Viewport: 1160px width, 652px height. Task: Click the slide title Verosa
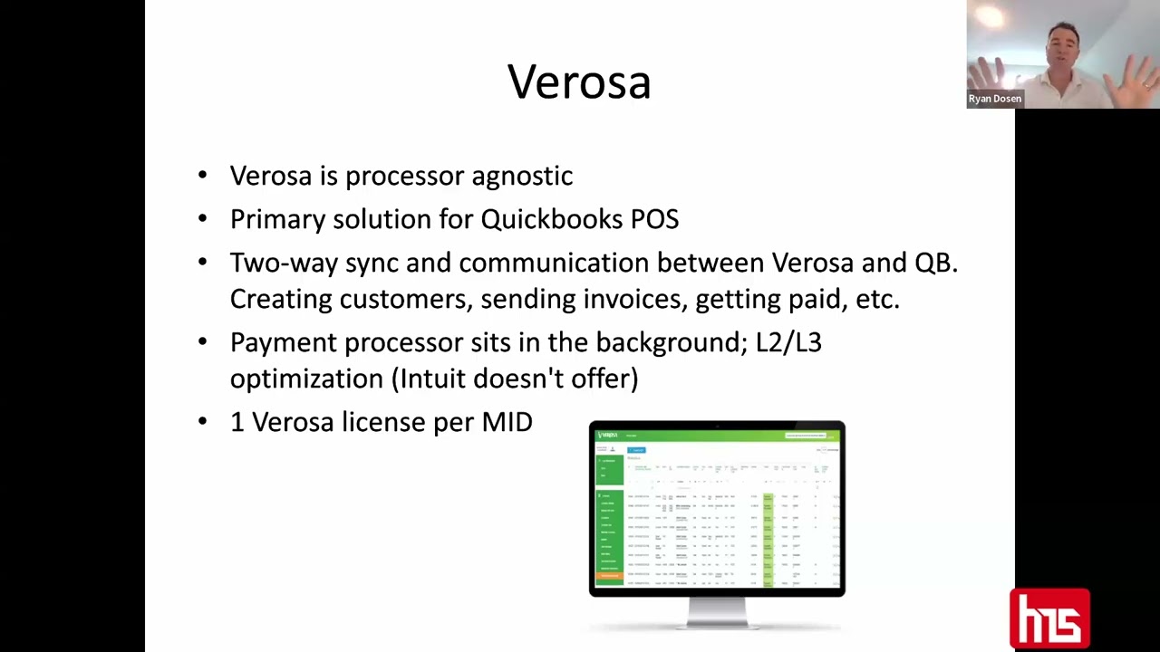[579, 82]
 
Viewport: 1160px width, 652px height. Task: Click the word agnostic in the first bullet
[522, 177]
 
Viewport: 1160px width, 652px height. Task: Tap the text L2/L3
[788, 343]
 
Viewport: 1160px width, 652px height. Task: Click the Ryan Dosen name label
[994, 99]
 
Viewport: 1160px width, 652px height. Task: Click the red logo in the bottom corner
[1049, 619]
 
